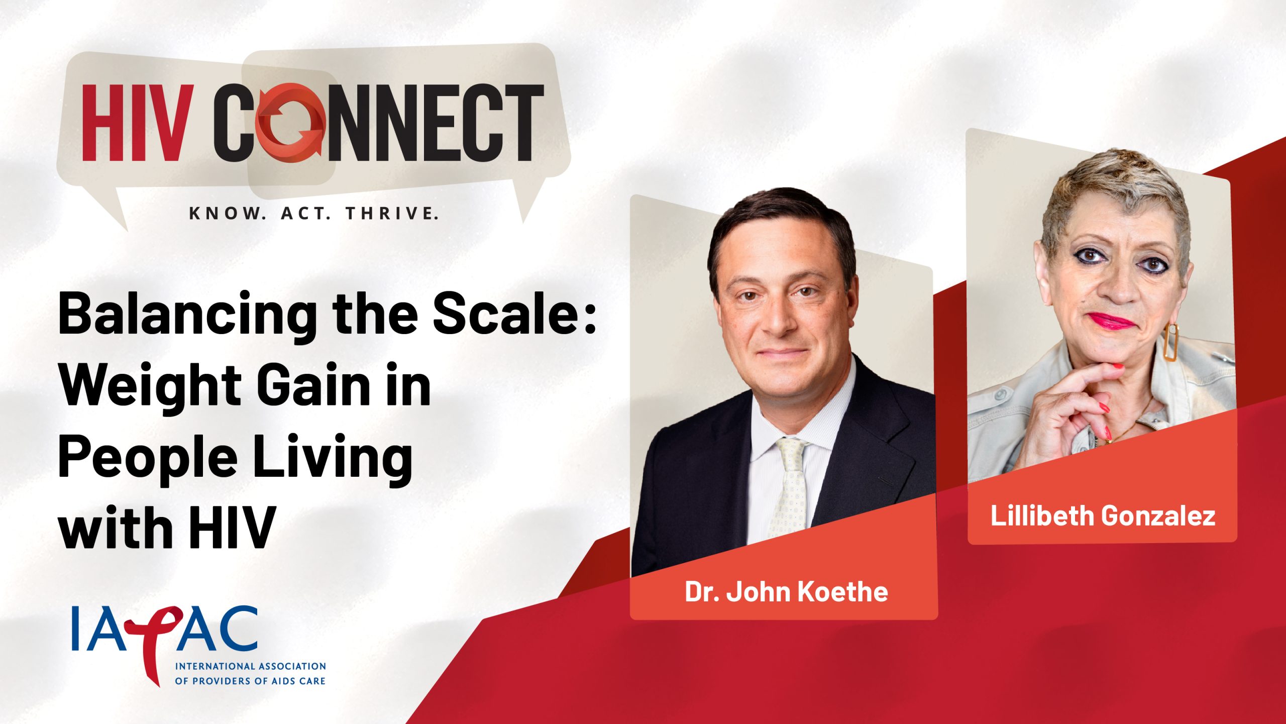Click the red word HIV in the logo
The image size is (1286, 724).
coord(137,123)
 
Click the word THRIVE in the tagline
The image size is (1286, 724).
coord(392,214)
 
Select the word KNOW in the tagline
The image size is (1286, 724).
coord(227,214)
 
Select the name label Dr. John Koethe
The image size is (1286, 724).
coord(786,591)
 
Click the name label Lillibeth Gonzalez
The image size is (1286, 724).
coord(1103,515)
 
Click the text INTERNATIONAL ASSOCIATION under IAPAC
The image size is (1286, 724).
coord(250,666)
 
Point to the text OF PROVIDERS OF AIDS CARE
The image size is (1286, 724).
coord(250,681)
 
